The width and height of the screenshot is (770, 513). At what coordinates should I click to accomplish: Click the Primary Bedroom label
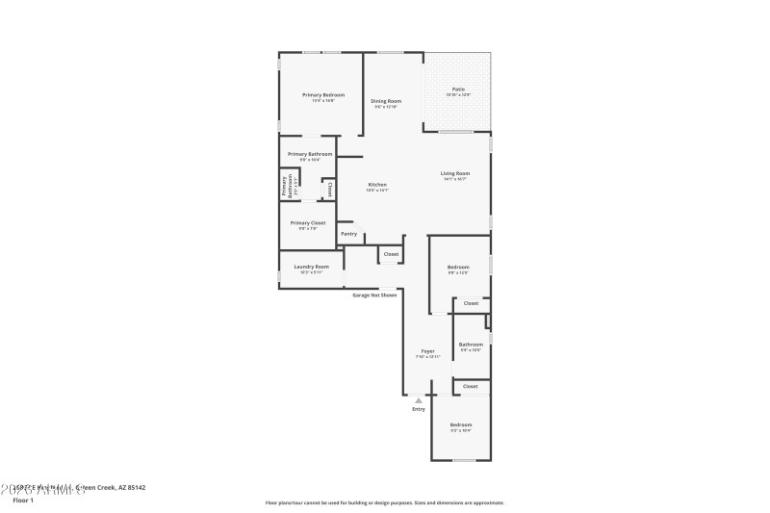click(x=322, y=94)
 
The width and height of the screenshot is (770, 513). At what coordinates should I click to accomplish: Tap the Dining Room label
click(x=386, y=100)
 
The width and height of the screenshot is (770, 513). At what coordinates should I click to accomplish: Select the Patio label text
click(x=458, y=89)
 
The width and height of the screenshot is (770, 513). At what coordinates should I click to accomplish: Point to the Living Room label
click(x=455, y=173)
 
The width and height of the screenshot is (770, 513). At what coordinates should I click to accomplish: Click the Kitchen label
click(x=377, y=184)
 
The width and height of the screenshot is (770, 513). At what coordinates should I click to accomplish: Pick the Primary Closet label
click(x=308, y=222)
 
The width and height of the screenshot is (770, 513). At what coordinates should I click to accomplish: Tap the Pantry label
click(x=348, y=233)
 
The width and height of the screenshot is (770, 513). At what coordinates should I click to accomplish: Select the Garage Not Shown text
click(x=374, y=295)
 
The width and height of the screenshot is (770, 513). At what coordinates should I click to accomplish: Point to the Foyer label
click(x=427, y=350)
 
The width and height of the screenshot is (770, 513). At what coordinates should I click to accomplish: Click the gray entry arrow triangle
click(x=418, y=399)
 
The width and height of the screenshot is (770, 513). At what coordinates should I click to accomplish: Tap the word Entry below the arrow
click(x=419, y=409)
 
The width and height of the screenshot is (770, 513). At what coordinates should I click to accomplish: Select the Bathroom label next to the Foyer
click(x=471, y=344)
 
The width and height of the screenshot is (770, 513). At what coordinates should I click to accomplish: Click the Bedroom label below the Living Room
click(x=458, y=267)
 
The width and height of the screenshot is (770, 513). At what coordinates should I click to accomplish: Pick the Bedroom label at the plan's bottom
click(x=460, y=424)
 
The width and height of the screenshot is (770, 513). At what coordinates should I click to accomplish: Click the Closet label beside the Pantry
click(x=390, y=254)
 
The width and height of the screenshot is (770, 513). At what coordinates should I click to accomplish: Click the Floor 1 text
click(x=21, y=500)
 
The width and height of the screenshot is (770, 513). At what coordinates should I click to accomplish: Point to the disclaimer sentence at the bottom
click(x=384, y=502)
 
